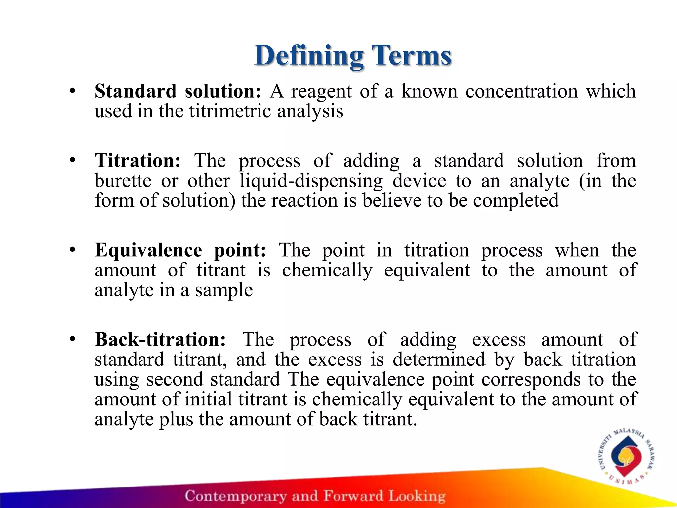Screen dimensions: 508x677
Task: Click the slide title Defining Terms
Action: pos(352,56)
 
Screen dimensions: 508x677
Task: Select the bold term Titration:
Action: pos(138,161)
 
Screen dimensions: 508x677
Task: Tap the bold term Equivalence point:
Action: pos(180,250)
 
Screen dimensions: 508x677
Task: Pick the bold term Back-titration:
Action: pos(160,340)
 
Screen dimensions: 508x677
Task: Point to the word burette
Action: pos(123,181)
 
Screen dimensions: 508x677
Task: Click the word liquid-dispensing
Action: pos(311,182)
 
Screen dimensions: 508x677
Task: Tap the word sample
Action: pos(224,291)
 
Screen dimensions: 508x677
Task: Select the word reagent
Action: pos(321,92)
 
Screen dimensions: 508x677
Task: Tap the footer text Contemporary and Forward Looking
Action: pos(315,496)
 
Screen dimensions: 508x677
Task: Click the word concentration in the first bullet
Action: pos(522,91)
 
